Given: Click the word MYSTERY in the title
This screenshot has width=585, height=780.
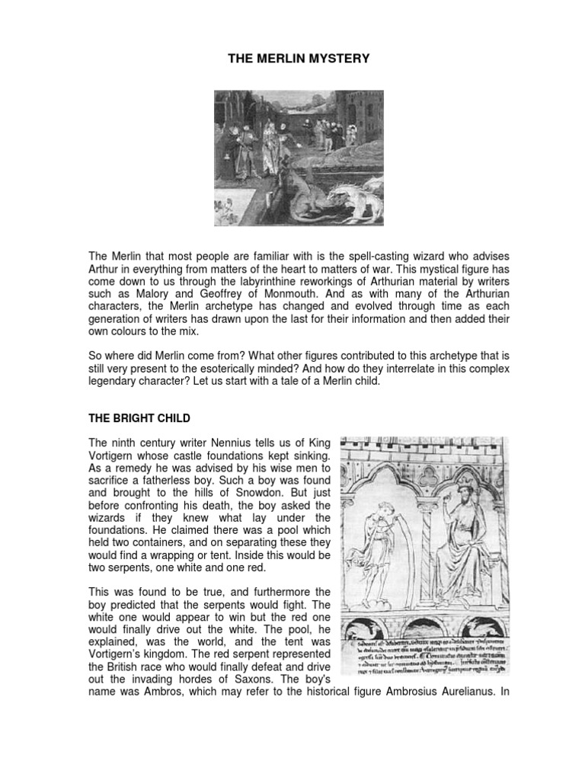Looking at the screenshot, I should [x=334, y=59].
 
